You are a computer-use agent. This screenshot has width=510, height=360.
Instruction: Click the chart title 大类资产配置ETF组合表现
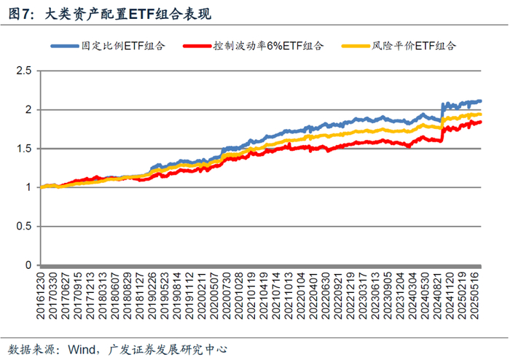click(127, 14)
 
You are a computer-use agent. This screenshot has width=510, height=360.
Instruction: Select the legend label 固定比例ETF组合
click(123, 46)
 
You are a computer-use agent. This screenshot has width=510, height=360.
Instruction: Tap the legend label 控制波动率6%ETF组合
click(268, 46)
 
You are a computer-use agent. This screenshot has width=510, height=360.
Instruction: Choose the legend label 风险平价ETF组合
click(414, 46)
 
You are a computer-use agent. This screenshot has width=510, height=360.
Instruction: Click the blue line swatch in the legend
click(65, 46)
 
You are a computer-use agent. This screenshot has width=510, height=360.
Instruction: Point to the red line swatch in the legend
click(197, 46)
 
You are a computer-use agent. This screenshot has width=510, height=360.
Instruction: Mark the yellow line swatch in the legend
click(356, 46)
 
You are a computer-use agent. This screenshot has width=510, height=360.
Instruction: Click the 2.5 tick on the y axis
click(24, 71)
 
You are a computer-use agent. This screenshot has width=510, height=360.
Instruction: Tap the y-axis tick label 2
click(28, 109)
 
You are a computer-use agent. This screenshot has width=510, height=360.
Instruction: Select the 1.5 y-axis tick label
click(24, 149)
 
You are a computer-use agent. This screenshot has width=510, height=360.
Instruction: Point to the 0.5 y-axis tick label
click(24, 227)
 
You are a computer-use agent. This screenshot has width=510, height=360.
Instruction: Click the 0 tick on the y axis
click(28, 265)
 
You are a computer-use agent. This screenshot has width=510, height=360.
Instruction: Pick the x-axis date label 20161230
click(40, 296)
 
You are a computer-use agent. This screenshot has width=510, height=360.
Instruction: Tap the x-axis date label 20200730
click(226, 296)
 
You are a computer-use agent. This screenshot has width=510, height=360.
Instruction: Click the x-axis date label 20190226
click(152, 296)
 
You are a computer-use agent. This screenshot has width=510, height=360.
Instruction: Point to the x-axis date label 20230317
click(362, 296)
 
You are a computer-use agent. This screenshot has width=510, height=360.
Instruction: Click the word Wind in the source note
click(82, 350)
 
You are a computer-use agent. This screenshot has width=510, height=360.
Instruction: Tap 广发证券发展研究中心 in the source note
click(168, 350)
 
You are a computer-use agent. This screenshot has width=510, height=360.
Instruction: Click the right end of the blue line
click(481, 101)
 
